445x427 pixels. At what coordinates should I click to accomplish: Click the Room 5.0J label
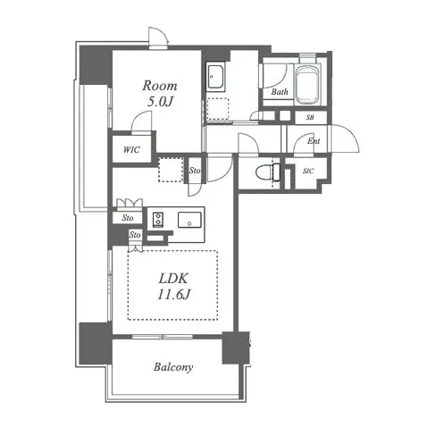160,94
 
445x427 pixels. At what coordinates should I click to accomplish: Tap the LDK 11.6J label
173,286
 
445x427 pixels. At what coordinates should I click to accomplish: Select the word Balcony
173,367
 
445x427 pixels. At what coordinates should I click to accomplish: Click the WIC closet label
131,149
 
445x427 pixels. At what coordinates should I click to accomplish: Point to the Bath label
280,92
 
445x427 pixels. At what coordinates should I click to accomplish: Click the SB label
310,117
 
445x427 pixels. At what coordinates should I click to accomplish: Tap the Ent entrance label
314,140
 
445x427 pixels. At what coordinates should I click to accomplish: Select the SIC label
308,171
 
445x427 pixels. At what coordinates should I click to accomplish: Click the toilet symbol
268,172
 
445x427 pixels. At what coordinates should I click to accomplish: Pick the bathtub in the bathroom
307,85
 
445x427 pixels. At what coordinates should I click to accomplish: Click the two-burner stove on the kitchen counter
158,220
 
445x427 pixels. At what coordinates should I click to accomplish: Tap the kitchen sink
189,220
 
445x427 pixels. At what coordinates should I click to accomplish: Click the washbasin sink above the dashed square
215,77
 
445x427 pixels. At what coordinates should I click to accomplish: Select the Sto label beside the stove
128,218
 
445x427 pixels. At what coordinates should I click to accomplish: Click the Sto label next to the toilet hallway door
195,171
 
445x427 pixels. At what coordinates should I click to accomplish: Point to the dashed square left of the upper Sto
171,170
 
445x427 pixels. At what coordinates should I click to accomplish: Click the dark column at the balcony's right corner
236,347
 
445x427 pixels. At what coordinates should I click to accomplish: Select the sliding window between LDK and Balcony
163,337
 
